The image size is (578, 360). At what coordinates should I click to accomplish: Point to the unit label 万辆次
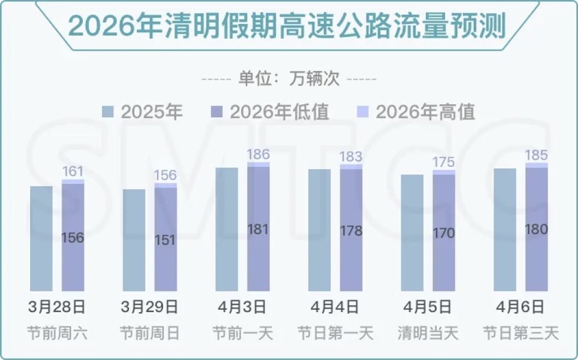(x=289, y=79)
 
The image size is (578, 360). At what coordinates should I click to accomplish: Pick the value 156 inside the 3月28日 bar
(x=73, y=238)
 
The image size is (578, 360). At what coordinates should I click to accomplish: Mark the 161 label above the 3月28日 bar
(x=73, y=171)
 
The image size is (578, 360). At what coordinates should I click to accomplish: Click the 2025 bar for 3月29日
(x=134, y=240)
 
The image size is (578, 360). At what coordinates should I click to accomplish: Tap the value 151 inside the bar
(x=166, y=240)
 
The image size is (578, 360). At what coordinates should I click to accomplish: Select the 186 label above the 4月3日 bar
(x=258, y=154)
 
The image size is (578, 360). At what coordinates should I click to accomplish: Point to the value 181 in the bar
(x=258, y=230)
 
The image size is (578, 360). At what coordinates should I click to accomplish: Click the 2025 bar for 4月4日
(x=319, y=230)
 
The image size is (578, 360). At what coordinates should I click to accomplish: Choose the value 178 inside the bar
(x=351, y=231)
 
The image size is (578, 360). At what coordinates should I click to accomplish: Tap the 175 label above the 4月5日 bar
(x=443, y=162)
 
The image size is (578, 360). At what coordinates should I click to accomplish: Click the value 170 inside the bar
(x=443, y=233)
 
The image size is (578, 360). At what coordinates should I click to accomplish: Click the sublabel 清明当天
(x=428, y=333)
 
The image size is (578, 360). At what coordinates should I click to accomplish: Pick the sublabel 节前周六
(x=57, y=333)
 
